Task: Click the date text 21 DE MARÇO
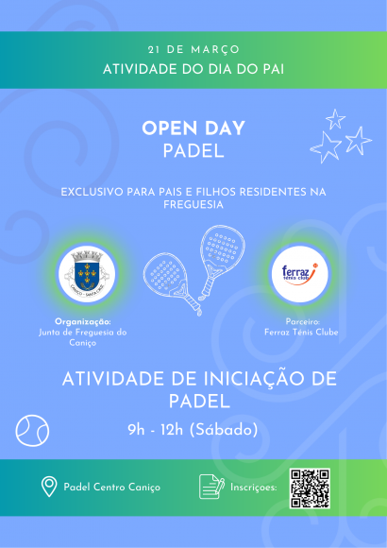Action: click(x=193, y=49)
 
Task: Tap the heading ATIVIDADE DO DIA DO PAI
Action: click(x=193, y=69)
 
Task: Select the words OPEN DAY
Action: click(x=193, y=128)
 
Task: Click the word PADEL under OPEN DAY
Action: click(x=193, y=150)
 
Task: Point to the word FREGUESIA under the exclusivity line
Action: click(x=193, y=204)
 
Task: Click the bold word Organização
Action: click(x=83, y=321)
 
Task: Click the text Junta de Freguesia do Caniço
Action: click(x=83, y=337)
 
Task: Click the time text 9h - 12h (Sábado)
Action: click(x=193, y=430)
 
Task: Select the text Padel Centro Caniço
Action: click(x=111, y=488)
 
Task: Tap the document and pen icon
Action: click(x=210, y=487)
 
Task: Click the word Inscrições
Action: click(x=254, y=488)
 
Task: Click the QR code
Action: click(x=310, y=488)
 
